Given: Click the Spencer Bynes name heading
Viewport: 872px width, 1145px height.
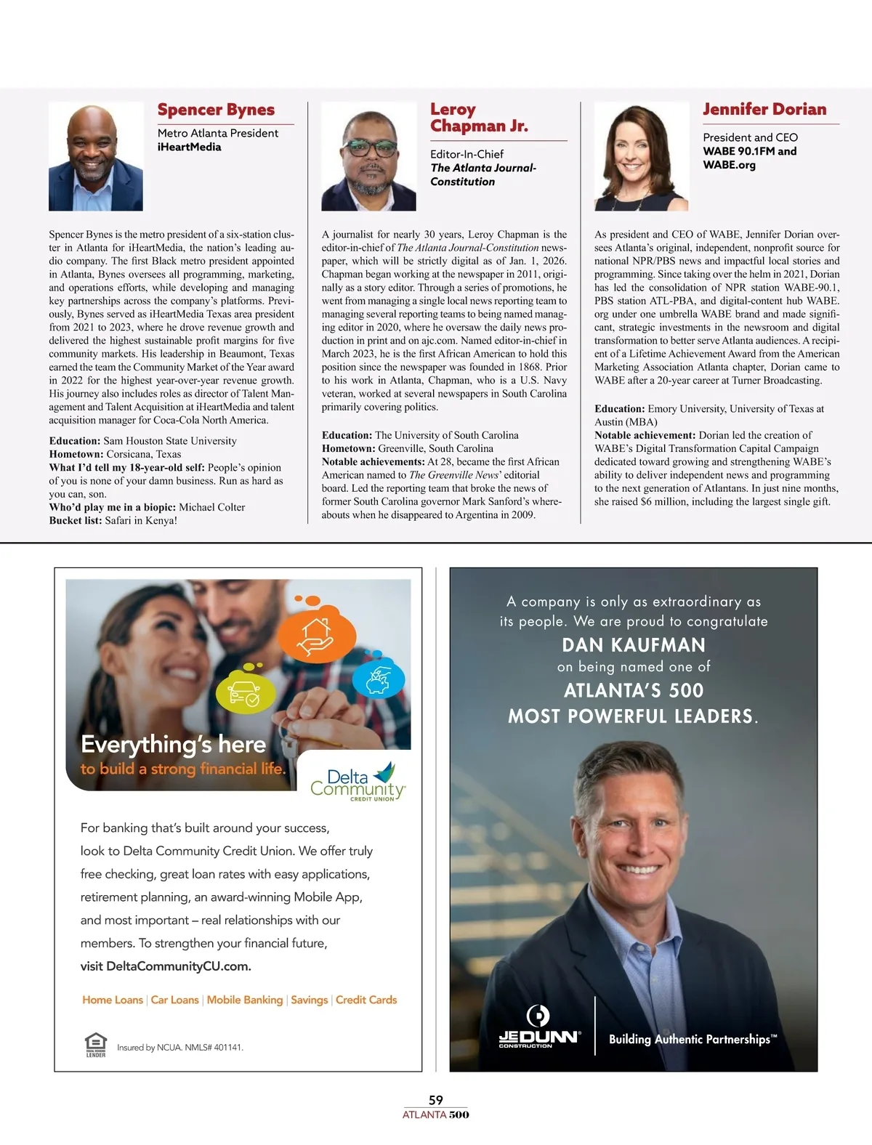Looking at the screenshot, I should [x=216, y=110].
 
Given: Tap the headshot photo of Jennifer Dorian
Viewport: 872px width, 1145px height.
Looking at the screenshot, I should [x=641, y=156].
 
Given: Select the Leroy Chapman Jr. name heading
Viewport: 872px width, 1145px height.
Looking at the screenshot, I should [x=478, y=118].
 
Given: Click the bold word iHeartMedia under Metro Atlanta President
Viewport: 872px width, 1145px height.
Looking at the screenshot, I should [x=189, y=147].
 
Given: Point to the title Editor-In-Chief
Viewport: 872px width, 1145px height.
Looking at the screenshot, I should [x=467, y=154].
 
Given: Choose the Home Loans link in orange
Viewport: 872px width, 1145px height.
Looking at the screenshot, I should [x=113, y=1000].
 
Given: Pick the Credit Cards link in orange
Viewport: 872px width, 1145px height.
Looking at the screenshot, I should [x=366, y=1000].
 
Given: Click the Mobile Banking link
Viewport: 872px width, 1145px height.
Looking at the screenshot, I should [x=244, y=1000].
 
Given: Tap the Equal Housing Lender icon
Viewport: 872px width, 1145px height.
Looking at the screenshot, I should [x=96, y=1045].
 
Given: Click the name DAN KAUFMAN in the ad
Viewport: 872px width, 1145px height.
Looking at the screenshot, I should [x=634, y=645].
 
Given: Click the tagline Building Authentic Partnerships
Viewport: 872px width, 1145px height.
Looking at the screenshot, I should [x=693, y=1039].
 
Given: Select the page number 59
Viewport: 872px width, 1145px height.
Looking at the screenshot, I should [x=436, y=1100].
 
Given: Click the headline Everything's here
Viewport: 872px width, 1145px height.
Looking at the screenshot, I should [x=173, y=744].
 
